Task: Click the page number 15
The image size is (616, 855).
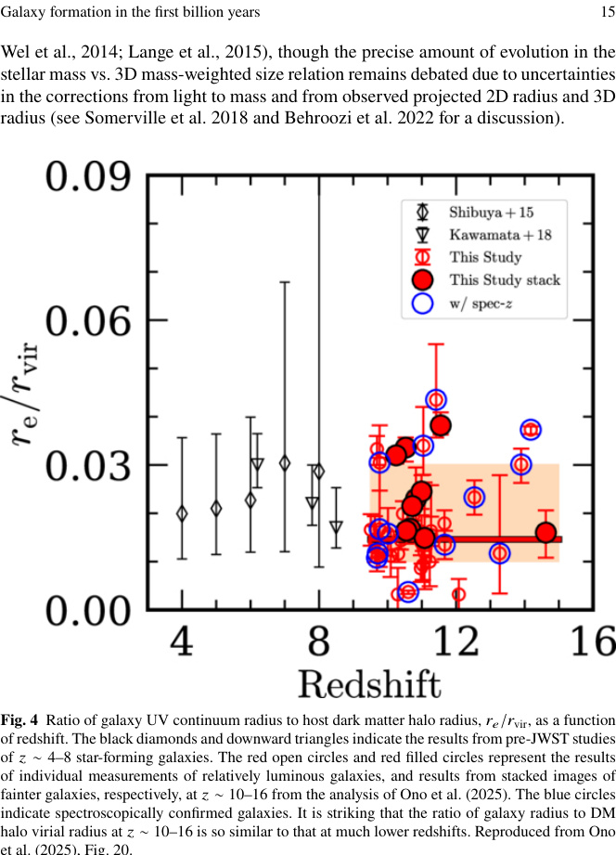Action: tap(607, 12)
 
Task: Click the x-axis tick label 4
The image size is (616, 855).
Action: tap(183, 641)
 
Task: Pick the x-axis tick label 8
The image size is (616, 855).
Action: tap(319, 641)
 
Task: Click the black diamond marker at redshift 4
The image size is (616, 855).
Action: tap(183, 512)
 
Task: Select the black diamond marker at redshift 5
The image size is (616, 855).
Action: tap(216, 508)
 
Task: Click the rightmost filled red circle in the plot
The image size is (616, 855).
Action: tap(545, 533)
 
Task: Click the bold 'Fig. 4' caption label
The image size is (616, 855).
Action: tap(19, 720)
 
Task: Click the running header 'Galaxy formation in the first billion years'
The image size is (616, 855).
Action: tap(130, 12)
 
